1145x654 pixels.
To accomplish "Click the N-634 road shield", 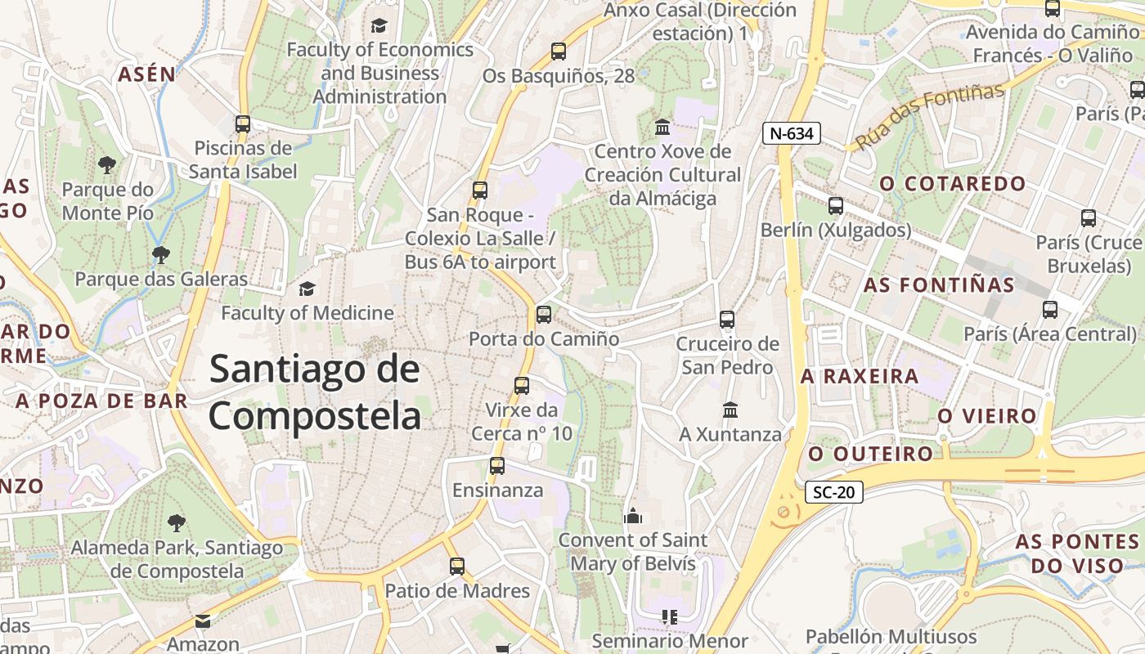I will tap(791, 133).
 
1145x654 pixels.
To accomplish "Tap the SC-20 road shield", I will tap(834, 492).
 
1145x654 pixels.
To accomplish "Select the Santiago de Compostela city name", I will tap(315, 392).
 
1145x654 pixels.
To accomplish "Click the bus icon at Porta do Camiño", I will tap(543, 315).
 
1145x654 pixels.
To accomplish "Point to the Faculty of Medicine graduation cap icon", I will tap(307, 289).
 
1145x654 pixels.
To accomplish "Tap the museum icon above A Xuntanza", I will tap(730, 410).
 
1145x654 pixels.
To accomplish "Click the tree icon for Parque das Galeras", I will tap(161, 255).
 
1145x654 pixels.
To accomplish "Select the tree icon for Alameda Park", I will tap(176, 523).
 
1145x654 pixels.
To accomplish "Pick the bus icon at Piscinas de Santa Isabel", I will tap(242, 124).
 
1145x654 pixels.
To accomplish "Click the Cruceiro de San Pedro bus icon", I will tap(726, 320).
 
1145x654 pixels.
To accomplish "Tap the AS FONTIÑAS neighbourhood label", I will tap(939, 285).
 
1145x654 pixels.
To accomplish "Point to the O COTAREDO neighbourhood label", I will tap(952, 184).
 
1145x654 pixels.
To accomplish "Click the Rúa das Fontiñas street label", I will tap(930, 116).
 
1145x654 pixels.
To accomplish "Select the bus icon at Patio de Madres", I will tap(457, 566).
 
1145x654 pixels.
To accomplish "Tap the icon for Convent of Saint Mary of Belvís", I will tap(632, 516).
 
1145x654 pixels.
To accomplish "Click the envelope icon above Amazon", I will tap(202, 621).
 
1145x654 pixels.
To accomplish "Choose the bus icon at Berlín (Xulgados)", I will tap(835, 206).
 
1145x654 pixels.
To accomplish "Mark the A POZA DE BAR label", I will tap(101, 401).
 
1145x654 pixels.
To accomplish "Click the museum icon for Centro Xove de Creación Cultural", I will tap(662, 128).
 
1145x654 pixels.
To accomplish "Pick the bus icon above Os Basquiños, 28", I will tap(559, 52).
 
